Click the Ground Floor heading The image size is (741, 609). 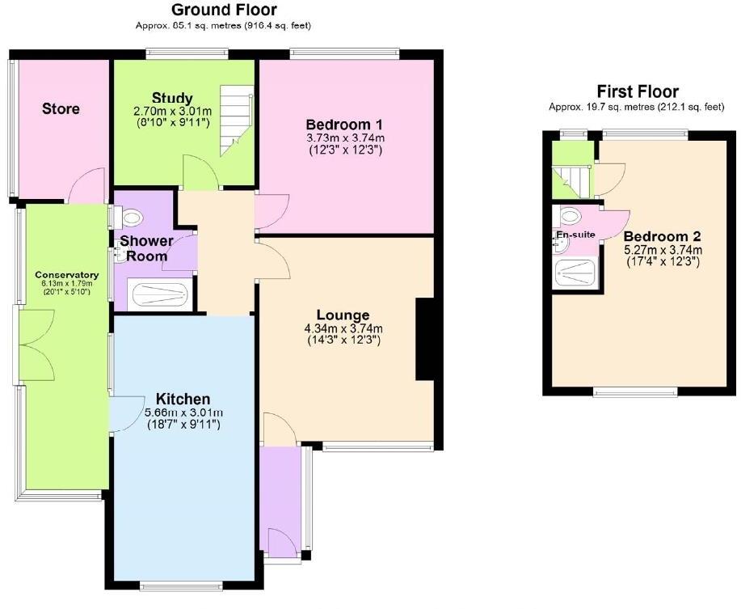pos(223,11)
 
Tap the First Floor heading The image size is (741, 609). pos(637,91)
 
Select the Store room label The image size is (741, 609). pos(61,108)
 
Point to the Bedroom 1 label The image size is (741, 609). pos(343,125)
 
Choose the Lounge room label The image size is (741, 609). pos(343,315)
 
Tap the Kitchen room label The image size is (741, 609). pos(183,399)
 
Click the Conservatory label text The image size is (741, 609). pos(61,275)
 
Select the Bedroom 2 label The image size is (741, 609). pos(662,236)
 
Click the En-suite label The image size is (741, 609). pos(575,235)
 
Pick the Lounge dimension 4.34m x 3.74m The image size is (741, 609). pos(343,328)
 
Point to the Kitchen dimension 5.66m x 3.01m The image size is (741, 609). pos(183,412)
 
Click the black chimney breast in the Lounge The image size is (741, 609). pos(424,339)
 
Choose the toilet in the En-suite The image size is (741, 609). pos(569,215)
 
